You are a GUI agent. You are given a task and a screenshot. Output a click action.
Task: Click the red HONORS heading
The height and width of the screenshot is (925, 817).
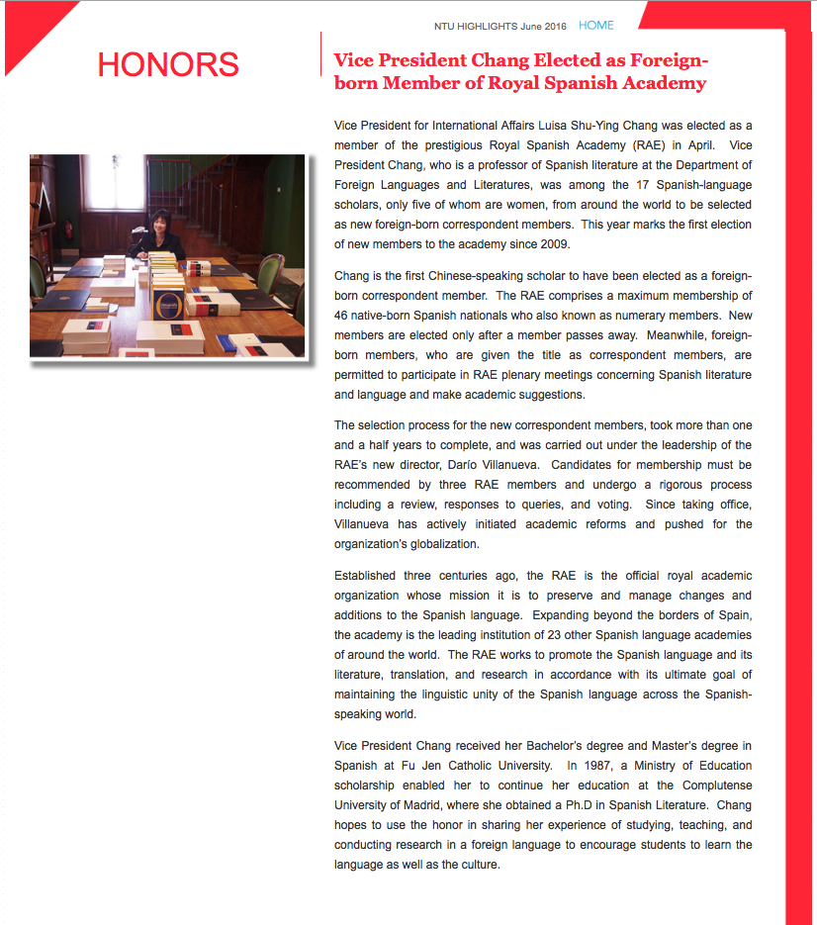tap(168, 64)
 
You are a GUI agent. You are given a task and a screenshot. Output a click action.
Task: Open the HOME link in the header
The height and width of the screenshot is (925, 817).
tap(596, 26)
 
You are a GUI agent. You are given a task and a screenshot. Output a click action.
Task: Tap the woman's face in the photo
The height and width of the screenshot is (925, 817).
tap(157, 224)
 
